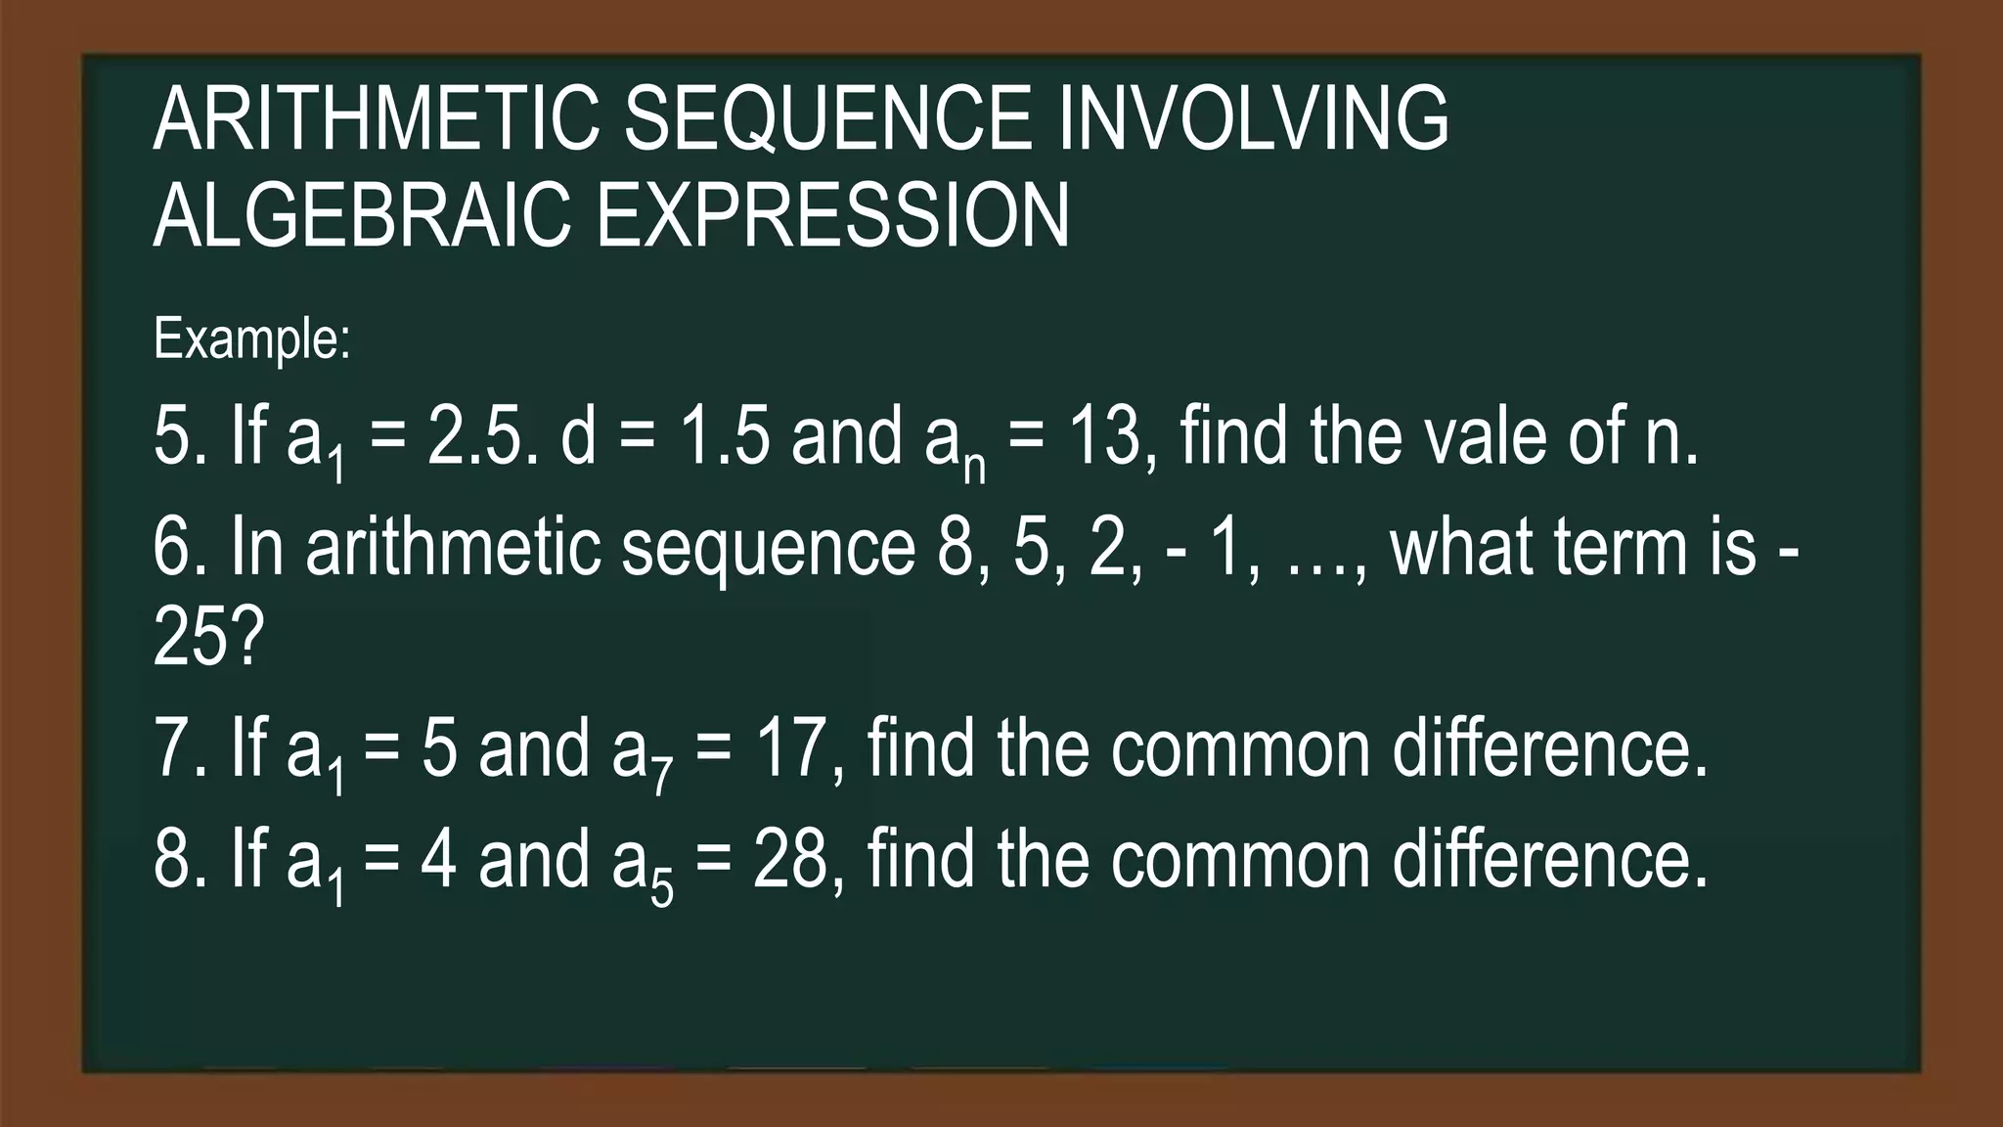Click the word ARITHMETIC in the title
pos(376,118)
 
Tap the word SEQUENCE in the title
pos(827,118)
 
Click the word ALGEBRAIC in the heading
pos(362,215)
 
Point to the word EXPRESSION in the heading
pos(832,215)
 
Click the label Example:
pos(251,338)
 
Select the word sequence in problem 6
pos(769,550)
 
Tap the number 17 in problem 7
pos(793,748)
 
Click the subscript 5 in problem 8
pos(662,889)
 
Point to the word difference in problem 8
pos(1549,858)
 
